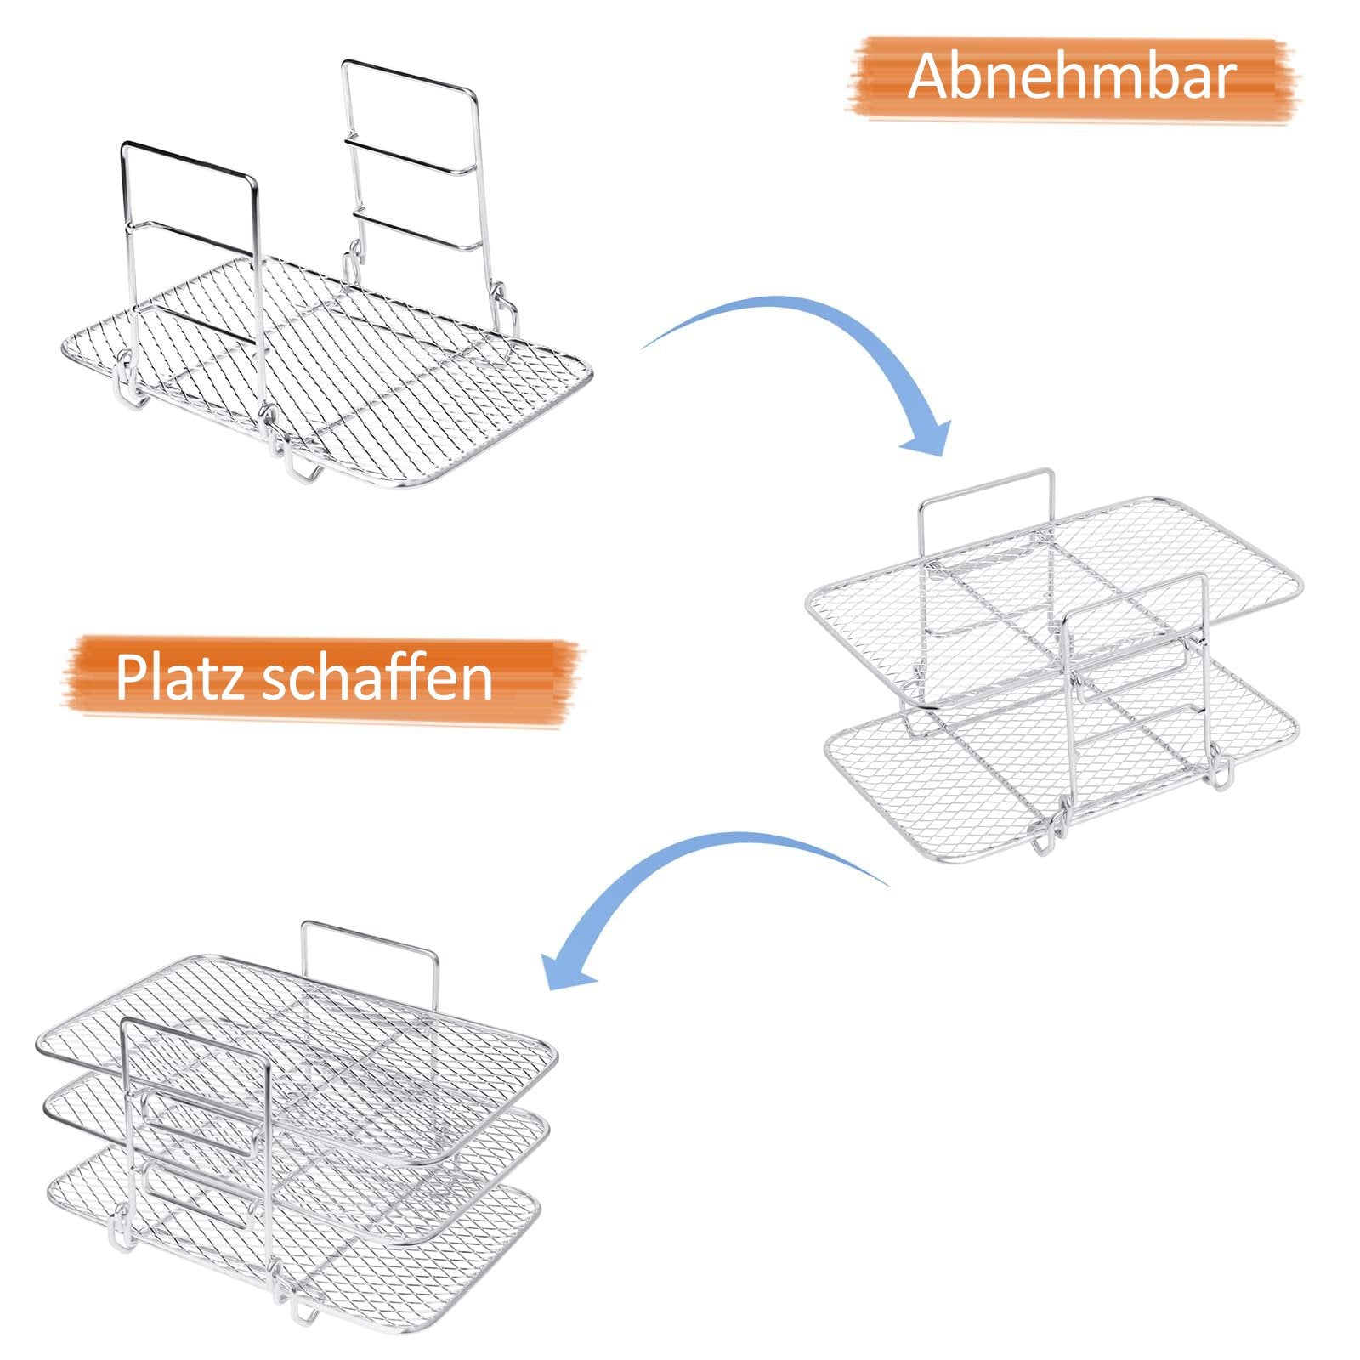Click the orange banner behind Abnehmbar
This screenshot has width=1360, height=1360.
click(1073, 77)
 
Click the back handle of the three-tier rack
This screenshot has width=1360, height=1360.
click(371, 935)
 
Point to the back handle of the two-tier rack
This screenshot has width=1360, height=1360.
click(986, 488)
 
